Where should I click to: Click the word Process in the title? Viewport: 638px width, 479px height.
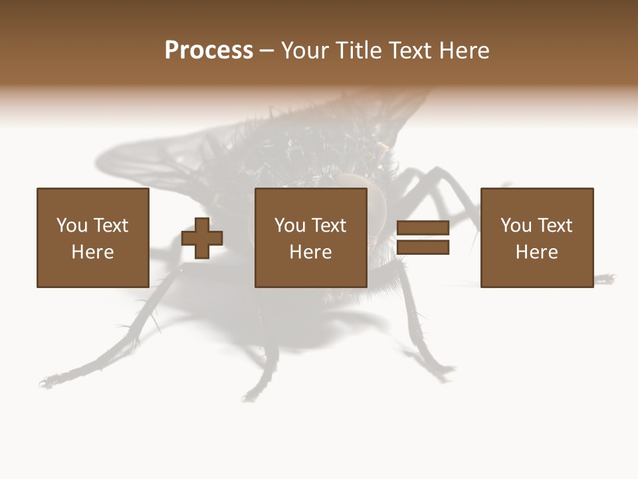[x=209, y=51]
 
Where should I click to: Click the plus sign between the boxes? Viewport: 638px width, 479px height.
[x=202, y=238]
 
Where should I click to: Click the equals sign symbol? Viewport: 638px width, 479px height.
[x=423, y=238]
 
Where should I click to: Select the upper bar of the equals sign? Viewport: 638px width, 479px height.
[x=423, y=228]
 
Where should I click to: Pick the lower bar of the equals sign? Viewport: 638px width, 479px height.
[x=423, y=247]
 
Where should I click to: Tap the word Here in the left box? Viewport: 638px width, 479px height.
[x=92, y=252]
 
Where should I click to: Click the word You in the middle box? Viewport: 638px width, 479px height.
[x=290, y=226]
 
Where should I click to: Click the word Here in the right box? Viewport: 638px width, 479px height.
[x=536, y=252]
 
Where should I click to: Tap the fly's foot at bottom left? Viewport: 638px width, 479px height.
[x=47, y=383]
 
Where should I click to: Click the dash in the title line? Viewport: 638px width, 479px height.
[x=266, y=51]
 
